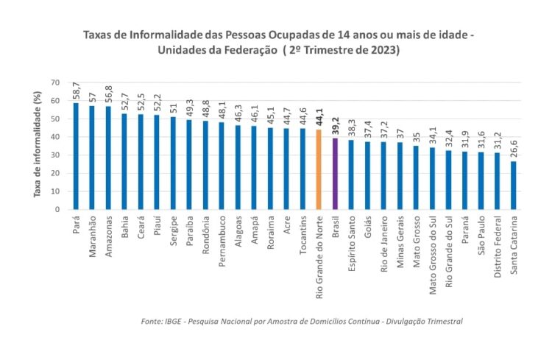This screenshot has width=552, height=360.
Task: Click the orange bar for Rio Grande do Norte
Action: tap(319, 169)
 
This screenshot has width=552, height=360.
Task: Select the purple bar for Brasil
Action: tap(335, 174)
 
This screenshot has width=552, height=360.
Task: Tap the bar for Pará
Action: tap(76, 156)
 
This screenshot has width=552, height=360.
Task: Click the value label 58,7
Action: tap(77, 91)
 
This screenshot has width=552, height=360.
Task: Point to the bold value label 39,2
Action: tap(335, 126)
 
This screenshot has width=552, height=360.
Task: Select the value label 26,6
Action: tap(514, 149)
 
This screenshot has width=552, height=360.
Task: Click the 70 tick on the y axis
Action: tap(56, 82)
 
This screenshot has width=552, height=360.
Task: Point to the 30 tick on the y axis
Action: tap(56, 155)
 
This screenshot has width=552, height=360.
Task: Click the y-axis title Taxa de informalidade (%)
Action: tap(36, 146)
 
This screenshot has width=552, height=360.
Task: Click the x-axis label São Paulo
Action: tap(481, 235)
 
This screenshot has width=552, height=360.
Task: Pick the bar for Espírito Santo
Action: tap(351, 174)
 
